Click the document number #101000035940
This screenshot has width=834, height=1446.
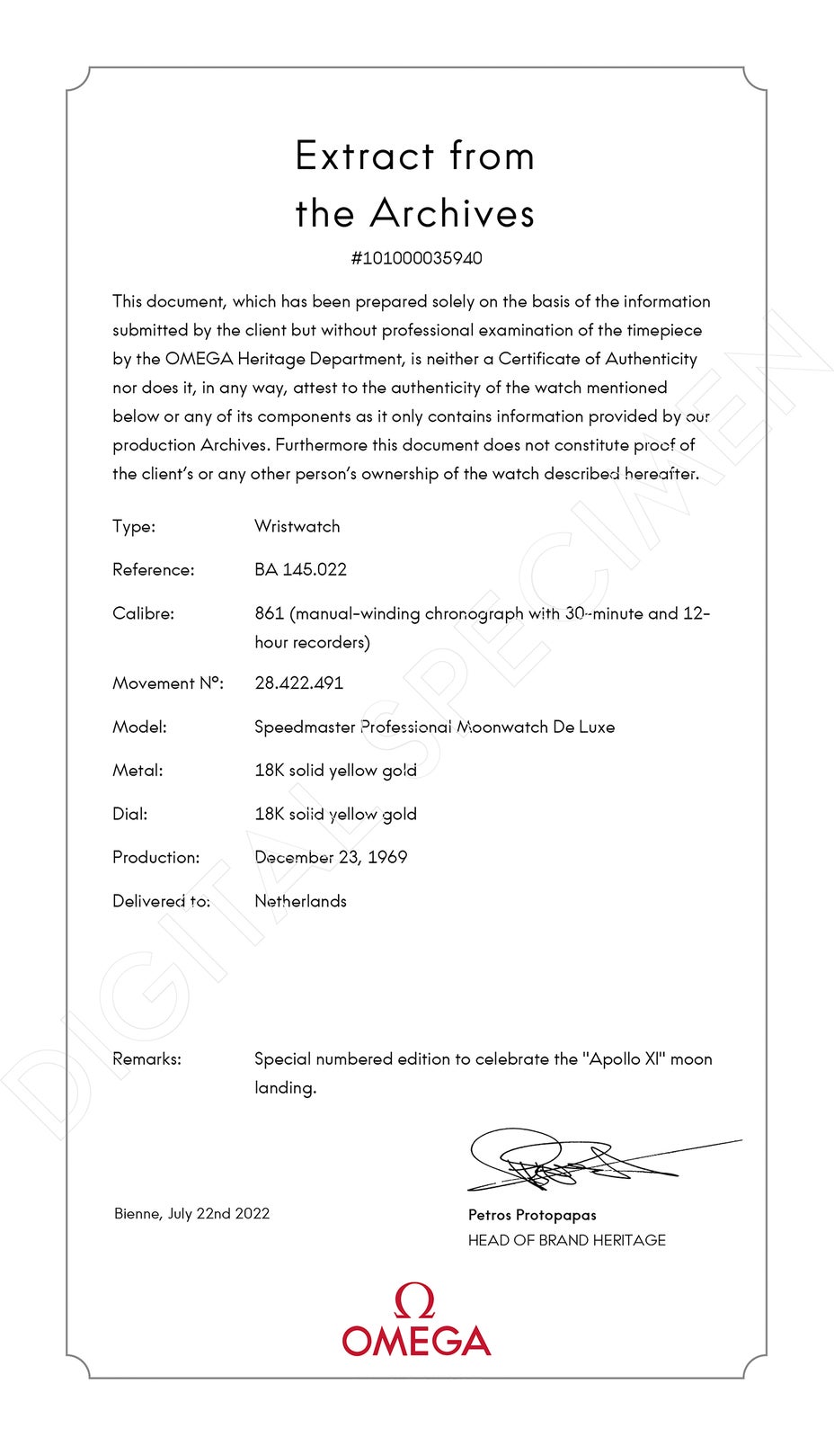click(416, 258)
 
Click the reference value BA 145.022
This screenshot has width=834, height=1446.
click(300, 569)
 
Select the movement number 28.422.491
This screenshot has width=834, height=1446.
click(298, 683)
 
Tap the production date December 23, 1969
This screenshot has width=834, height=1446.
click(331, 857)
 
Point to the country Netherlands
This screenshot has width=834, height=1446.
click(300, 901)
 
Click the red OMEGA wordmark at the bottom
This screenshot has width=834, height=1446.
click(416, 1341)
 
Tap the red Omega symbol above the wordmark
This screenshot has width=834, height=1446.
click(414, 1301)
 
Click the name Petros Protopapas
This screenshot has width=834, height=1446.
click(532, 1215)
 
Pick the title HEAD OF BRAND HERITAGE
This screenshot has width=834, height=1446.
click(566, 1240)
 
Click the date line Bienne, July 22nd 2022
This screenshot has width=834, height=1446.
click(191, 1213)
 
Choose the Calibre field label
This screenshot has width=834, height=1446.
click(143, 613)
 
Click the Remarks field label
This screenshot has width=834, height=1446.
click(146, 1058)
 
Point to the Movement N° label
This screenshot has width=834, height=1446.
click(167, 683)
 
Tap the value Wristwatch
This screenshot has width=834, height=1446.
click(297, 526)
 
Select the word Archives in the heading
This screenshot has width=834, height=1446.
click(452, 213)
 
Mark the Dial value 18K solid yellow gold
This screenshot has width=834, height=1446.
click(335, 814)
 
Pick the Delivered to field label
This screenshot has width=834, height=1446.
click(161, 901)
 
